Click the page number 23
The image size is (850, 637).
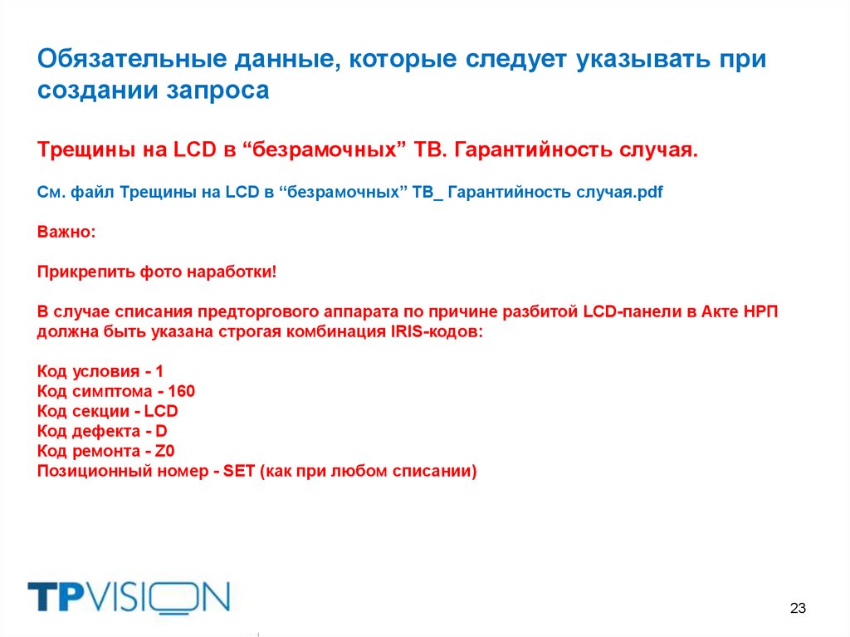[x=798, y=608]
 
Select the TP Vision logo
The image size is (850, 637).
[x=128, y=597]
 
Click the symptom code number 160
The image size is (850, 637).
[x=181, y=390]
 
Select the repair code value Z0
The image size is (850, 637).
[x=165, y=452]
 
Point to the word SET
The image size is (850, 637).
[x=239, y=472]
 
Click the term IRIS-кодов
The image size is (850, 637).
[x=432, y=331]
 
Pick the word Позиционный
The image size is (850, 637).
[x=89, y=472]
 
